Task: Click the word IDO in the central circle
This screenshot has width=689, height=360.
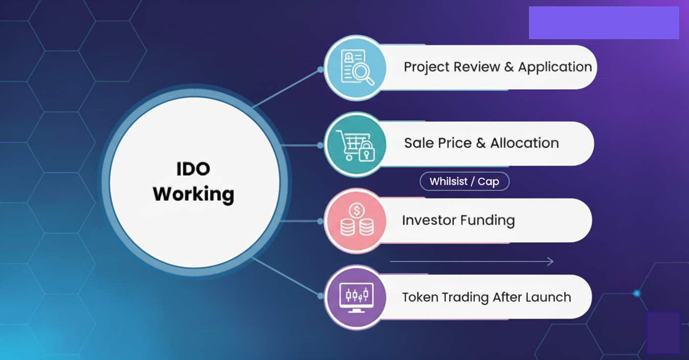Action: pyautogui.click(x=193, y=169)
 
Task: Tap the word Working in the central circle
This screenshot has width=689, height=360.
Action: pyautogui.click(x=193, y=194)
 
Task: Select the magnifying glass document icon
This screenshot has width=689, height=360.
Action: pyautogui.click(x=357, y=67)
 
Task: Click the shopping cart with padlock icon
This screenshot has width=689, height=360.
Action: pyautogui.click(x=356, y=145)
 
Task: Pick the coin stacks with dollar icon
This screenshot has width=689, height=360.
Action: pyautogui.click(x=357, y=220)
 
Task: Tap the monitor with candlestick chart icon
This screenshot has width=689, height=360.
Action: pyautogui.click(x=356, y=297)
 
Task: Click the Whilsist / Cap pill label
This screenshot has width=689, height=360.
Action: pyautogui.click(x=464, y=181)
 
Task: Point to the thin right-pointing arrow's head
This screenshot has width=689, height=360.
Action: pyautogui.click(x=553, y=262)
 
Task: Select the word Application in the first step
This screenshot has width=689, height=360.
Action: pyautogui.click(x=555, y=67)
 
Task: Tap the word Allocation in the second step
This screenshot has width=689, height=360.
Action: pyautogui.click(x=525, y=143)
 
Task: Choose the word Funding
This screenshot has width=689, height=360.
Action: pyautogui.click(x=487, y=221)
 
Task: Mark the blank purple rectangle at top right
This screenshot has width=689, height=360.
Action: pyautogui.click(x=604, y=23)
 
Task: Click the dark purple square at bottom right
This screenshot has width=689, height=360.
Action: pyautogui.click(x=663, y=333)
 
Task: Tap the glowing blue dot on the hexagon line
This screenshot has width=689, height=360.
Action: pyautogui.click(x=637, y=293)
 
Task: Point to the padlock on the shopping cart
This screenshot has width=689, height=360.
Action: pyautogui.click(x=367, y=152)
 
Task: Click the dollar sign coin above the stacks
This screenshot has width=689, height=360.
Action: pyautogui.click(x=357, y=211)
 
